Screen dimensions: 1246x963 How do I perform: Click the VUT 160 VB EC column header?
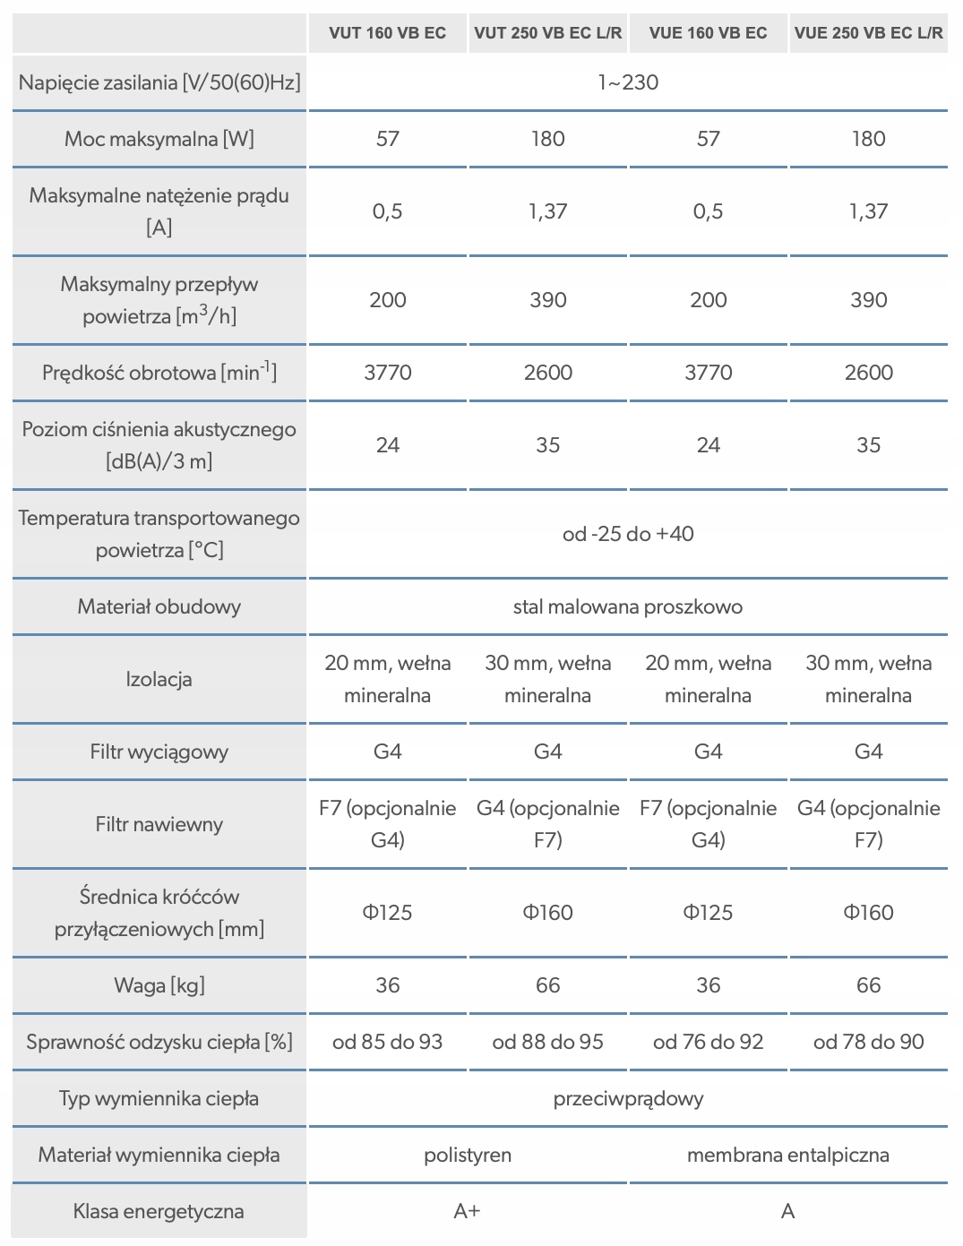(387, 33)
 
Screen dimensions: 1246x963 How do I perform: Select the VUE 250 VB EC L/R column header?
(868, 33)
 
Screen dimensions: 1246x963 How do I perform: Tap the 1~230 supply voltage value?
(628, 82)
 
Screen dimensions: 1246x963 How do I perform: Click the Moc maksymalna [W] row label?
(159, 139)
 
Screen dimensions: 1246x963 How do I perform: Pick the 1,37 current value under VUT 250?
(547, 211)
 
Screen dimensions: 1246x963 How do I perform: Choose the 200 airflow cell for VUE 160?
(708, 300)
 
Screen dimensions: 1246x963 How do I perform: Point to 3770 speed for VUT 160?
(387, 373)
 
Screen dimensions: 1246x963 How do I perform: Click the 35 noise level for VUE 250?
(868, 445)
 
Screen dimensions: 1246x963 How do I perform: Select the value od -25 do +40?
(628, 534)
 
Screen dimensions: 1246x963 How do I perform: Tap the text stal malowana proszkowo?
(628, 606)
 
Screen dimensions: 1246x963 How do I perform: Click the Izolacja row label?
(159, 679)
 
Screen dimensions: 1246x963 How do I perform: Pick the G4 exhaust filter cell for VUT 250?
(547, 752)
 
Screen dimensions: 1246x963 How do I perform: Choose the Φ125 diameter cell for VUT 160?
(387, 913)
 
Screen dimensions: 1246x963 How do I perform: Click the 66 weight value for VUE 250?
(868, 985)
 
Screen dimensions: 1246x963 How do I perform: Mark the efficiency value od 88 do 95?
(547, 1042)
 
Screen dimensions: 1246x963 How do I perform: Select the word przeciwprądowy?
(628, 1098)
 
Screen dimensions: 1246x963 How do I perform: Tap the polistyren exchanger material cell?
(468, 1155)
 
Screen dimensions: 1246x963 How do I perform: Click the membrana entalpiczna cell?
(787, 1155)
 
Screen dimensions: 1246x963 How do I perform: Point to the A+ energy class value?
(468, 1211)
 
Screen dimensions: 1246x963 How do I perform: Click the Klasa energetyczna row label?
(159, 1211)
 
